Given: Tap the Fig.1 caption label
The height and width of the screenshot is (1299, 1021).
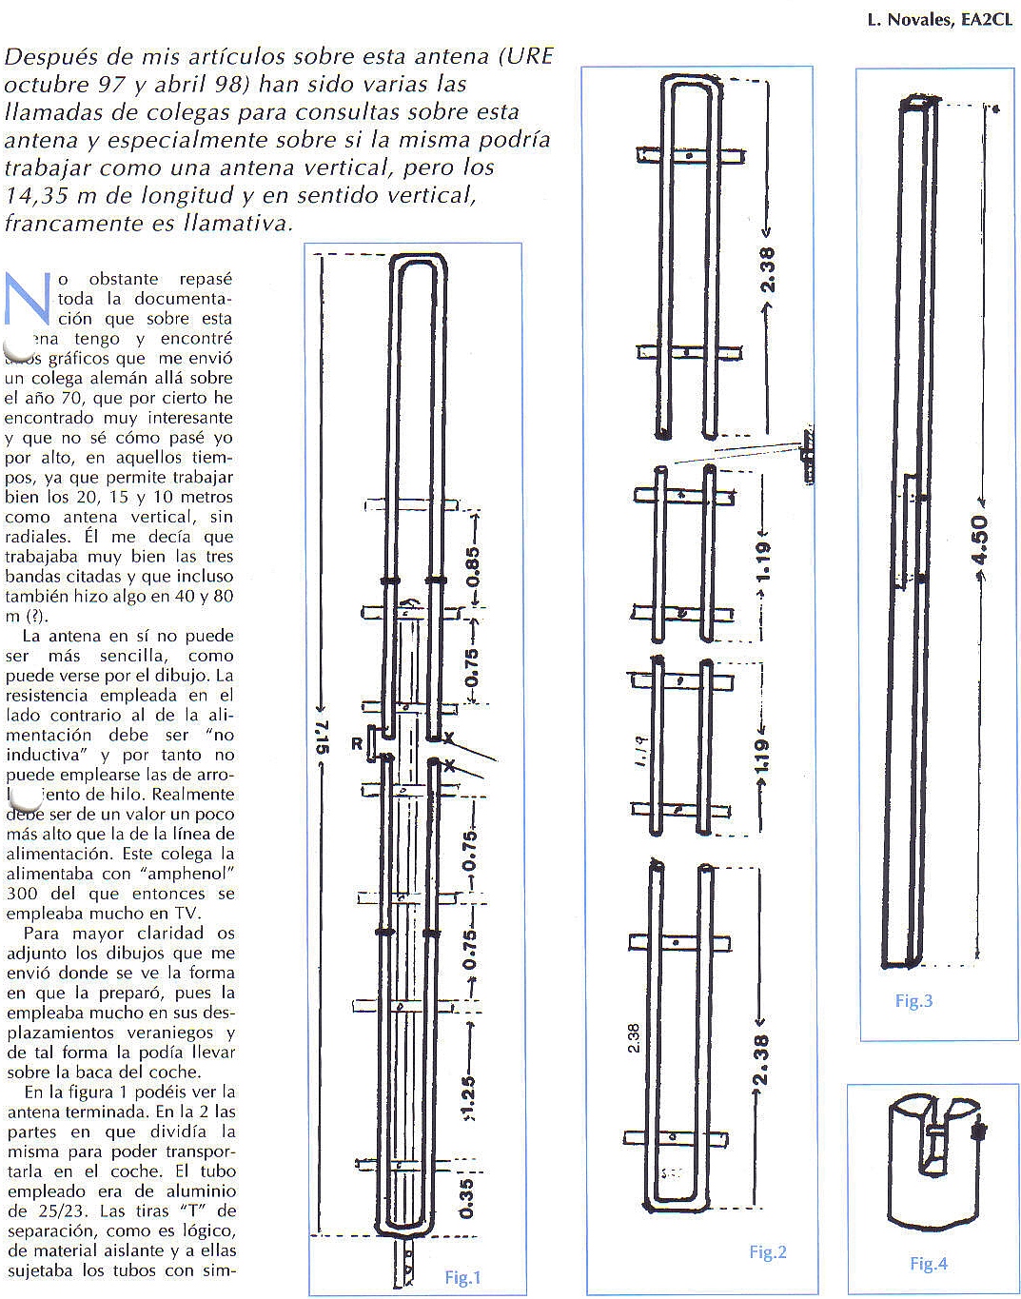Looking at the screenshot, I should pos(462,1277).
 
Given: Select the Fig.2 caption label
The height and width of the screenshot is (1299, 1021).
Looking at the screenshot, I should pos(767,1252).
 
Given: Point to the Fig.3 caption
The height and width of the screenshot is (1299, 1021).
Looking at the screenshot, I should pos(913,1000).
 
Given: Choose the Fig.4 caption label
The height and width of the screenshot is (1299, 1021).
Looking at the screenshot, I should pos(928,1264).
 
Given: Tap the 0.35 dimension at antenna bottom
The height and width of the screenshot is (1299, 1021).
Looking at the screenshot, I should pos(466,1198).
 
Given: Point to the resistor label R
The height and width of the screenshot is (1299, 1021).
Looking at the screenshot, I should pos(357,743).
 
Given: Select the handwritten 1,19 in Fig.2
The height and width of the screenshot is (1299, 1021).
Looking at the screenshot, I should pos(640,752).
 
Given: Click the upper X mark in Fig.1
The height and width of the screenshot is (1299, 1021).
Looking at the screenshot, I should pos(448,738).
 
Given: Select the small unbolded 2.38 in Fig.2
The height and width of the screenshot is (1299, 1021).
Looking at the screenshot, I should pos(635,1037).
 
